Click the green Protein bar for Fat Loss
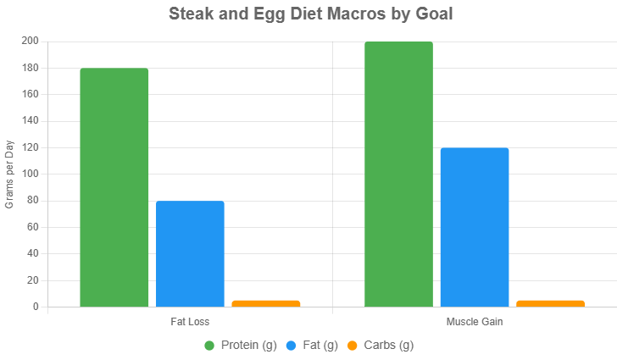click(114, 186)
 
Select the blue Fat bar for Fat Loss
click(190, 253)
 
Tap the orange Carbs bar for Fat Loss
click(266, 302)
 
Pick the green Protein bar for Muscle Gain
click(398, 174)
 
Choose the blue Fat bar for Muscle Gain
click(475, 226)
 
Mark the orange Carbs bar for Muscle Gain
click(550, 302)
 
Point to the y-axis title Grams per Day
click(10, 174)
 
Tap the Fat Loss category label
click(190, 323)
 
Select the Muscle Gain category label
click(474, 323)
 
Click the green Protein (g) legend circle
click(209, 346)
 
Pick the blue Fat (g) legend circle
click(291, 346)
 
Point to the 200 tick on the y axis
click(31, 41)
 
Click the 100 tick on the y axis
click(31, 174)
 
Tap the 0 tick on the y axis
click(36, 307)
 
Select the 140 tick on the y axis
click(31, 120)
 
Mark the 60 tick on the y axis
click(33, 227)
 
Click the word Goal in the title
click(435, 14)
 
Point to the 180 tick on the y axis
click(31, 68)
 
